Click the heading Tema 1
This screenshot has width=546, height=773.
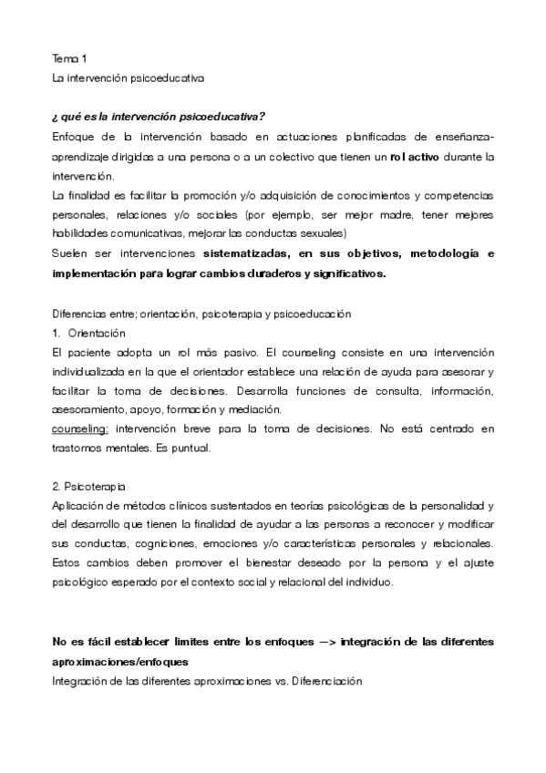[69, 57]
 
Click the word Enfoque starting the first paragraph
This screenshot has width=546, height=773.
[74, 137]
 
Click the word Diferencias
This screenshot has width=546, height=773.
[82, 313]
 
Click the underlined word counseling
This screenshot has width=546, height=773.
[80, 429]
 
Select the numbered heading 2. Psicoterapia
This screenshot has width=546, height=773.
[89, 487]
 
